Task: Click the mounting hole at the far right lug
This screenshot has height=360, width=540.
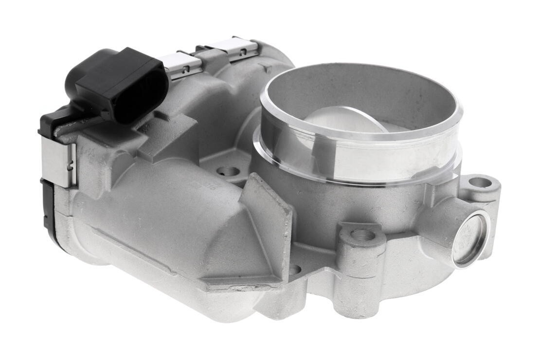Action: [x=480, y=182]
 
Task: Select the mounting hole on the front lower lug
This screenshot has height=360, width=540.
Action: [x=362, y=235]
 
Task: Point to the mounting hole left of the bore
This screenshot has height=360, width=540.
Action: [x=228, y=171]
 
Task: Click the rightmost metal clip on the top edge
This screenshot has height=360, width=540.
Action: [x=234, y=49]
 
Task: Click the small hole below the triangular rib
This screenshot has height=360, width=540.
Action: [x=295, y=269]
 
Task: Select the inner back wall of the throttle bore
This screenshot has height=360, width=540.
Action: [x=360, y=92]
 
